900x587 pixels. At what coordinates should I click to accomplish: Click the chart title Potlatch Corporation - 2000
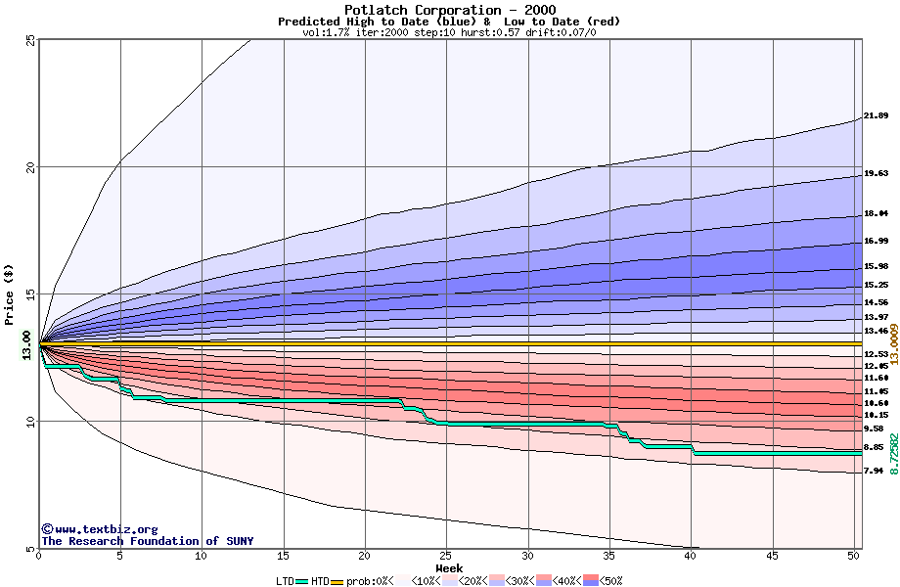tap(449, 10)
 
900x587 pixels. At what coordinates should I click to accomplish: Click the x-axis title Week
tap(449, 568)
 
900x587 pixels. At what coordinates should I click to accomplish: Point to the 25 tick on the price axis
tap(30, 40)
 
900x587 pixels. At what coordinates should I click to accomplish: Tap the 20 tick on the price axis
tap(30, 167)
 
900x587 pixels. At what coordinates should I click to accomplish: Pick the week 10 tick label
tap(202, 556)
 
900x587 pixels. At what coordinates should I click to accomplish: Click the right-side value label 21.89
tap(876, 116)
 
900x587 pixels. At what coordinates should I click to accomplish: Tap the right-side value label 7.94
tap(874, 471)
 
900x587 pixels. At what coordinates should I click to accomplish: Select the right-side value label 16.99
tap(876, 242)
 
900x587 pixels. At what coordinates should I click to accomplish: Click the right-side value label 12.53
tap(876, 354)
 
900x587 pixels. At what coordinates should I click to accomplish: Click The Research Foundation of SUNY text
tap(147, 541)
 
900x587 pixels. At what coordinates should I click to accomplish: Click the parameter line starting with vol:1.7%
tap(449, 32)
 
